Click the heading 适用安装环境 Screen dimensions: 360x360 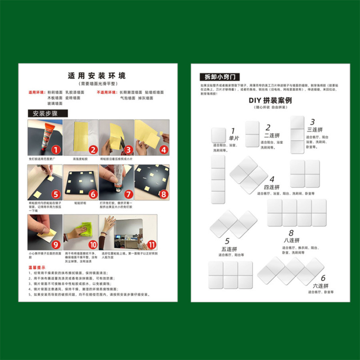click(x=97, y=75)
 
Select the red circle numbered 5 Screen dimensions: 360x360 click(x=56, y=195)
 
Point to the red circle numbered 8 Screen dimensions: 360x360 click(x=163, y=194)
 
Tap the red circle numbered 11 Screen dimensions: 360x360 click(x=152, y=245)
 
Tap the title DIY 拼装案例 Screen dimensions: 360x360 click(x=270, y=100)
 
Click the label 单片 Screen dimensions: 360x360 click(x=234, y=139)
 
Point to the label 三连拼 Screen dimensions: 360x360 click(x=313, y=130)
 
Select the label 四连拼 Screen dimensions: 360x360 click(x=271, y=187)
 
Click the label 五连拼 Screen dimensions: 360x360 click(x=227, y=248)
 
